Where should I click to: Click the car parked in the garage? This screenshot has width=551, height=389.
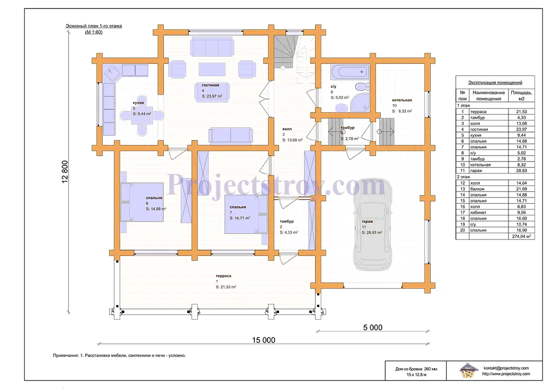[372, 225]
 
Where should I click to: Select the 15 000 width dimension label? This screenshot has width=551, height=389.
[263, 340]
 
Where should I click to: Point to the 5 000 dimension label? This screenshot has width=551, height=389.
[373, 327]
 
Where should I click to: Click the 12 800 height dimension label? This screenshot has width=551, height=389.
[65, 172]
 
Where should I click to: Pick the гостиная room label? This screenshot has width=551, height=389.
[210, 85]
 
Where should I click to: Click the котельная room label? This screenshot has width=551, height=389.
[402, 100]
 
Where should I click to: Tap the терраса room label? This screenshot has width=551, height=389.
[224, 276]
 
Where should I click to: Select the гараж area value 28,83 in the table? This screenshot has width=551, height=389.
[521, 170]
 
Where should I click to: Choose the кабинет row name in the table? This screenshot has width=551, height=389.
[478, 212]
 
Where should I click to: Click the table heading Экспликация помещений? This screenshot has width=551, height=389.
[495, 83]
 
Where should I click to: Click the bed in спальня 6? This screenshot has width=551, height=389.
[142, 201]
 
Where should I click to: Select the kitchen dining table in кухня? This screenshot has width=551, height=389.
[142, 115]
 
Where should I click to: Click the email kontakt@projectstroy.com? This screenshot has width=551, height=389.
[506, 368]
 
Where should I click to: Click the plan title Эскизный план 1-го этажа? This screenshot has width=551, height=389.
[94, 26]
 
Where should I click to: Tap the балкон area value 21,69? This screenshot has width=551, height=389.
[521, 189]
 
